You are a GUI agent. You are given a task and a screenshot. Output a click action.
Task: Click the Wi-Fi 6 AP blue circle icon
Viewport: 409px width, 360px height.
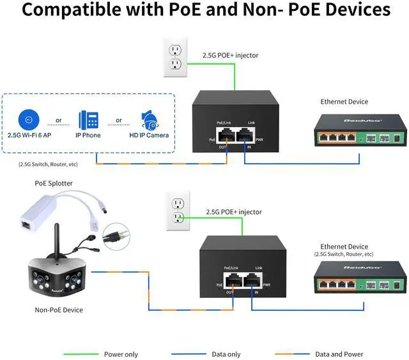(27, 120)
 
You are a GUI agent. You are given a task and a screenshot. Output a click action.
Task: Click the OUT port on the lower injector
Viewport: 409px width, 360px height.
(233, 281)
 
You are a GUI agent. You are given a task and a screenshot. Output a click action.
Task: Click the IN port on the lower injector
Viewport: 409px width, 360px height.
(252, 281)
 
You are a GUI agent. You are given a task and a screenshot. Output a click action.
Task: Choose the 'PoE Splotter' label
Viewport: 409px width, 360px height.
(54, 184)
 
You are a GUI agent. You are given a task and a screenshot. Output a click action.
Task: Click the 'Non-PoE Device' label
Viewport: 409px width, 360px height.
(59, 310)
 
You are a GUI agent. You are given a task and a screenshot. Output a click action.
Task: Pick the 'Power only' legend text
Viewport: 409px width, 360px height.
(121, 354)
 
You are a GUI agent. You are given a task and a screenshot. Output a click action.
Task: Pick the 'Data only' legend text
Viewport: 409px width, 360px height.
(226, 354)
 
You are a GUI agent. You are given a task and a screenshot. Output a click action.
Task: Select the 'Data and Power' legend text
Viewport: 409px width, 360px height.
(339, 354)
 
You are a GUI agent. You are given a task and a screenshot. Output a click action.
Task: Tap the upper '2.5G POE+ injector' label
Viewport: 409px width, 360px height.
(230, 56)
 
